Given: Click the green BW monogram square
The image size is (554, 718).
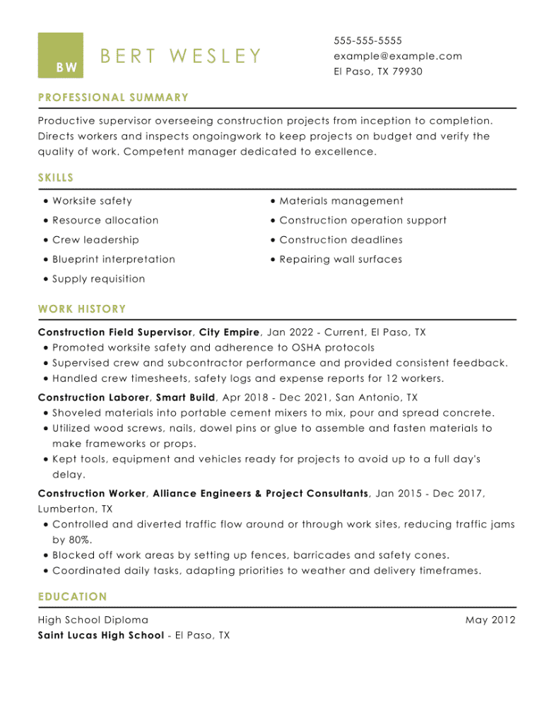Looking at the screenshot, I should click(60, 55).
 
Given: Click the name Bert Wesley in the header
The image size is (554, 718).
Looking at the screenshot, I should click(180, 56).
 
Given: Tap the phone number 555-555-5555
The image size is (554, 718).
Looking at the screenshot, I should click(367, 40).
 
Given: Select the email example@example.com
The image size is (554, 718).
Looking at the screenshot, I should click(397, 56).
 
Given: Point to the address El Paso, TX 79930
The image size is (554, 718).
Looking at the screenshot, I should click(377, 71).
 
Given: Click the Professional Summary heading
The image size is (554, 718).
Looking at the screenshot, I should click(113, 98).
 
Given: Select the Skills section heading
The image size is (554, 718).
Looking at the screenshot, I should click(56, 178).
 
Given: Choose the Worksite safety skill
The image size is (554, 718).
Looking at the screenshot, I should click(92, 201).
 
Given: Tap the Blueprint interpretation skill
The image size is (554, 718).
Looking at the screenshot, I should click(113, 259).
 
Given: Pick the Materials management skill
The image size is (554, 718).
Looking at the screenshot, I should click(341, 201).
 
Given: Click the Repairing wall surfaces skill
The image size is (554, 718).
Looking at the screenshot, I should click(341, 259).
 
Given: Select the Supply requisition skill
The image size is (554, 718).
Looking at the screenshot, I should click(98, 279).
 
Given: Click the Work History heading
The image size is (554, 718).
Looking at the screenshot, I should click(82, 309).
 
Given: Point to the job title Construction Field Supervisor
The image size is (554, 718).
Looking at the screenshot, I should click(115, 332).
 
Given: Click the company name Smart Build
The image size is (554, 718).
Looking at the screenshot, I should click(185, 398).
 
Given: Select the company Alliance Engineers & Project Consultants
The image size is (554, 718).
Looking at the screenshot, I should click(261, 493).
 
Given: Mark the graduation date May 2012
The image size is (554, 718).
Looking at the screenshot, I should click(490, 620).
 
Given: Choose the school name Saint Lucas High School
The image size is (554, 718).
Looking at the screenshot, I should click(101, 635).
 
